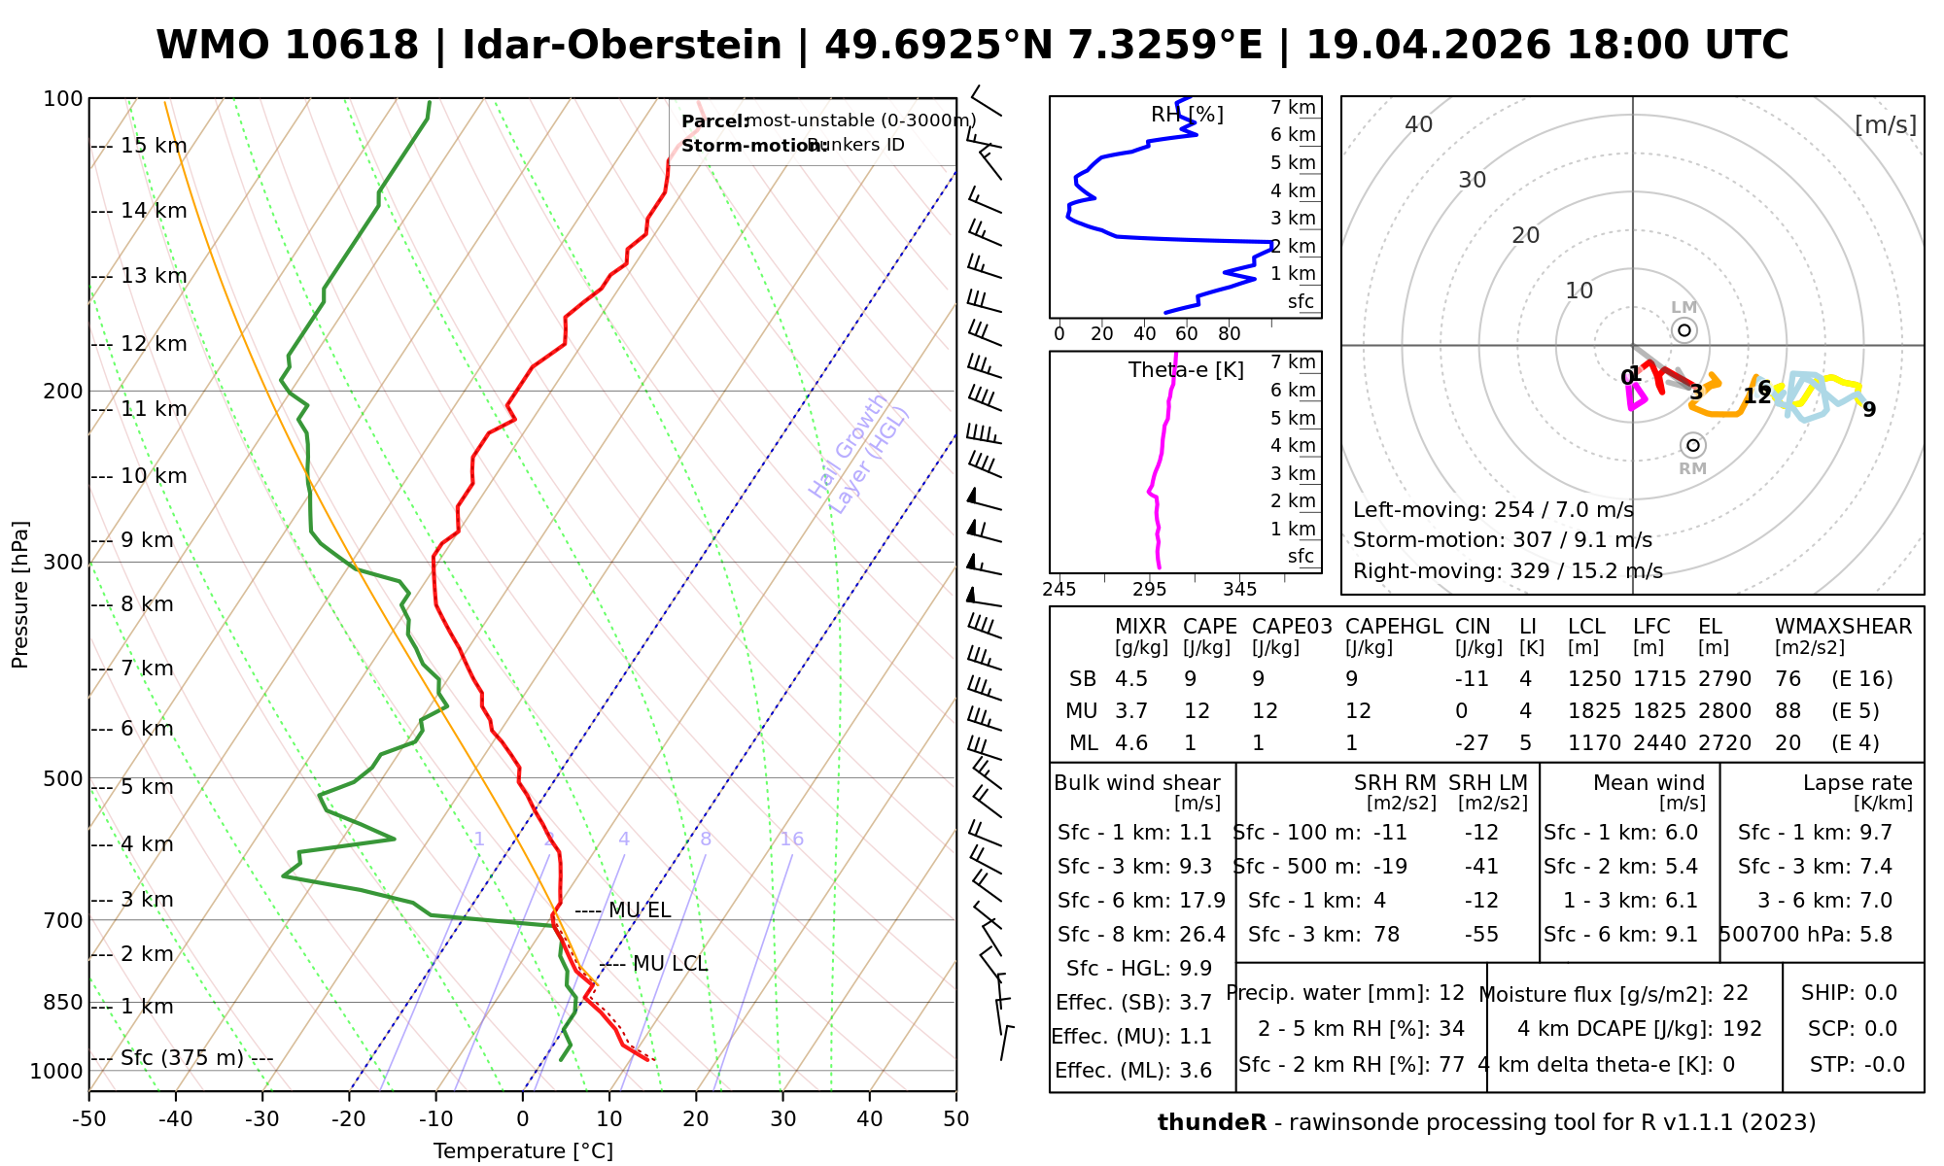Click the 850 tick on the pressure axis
pyautogui.click(x=63, y=1003)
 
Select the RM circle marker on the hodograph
pyautogui.click(x=1693, y=445)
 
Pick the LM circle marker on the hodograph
pyautogui.click(x=1684, y=330)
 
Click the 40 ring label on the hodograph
pyautogui.click(x=1419, y=124)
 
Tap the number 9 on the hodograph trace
pyautogui.click(x=1869, y=410)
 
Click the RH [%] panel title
pyautogui.click(x=1187, y=115)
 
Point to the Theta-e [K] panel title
pyautogui.click(x=1186, y=370)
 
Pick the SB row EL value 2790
pyautogui.click(x=1724, y=679)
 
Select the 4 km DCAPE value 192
pyautogui.click(x=1743, y=1029)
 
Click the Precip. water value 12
pyautogui.click(x=1451, y=993)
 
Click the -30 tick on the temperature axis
pyautogui.click(x=262, y=1119)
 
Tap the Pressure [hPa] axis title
pyautogui.click(x=20, y=595)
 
